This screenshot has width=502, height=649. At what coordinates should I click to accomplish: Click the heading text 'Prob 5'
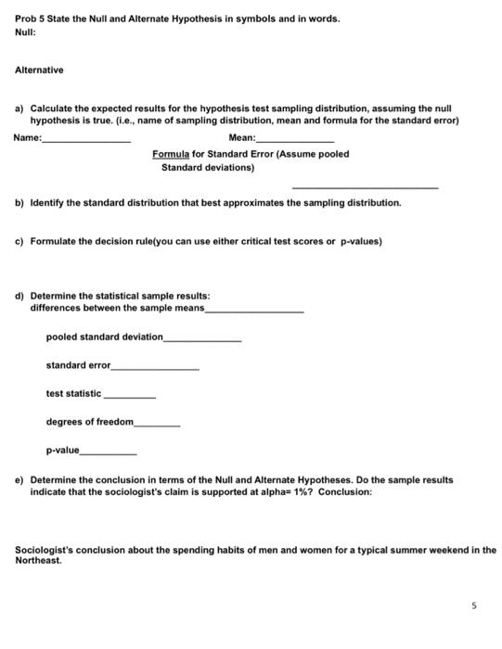[31, 19]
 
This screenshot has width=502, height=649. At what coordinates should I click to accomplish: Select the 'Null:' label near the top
[26, 32]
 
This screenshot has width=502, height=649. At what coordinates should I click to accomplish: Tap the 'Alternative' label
[39, 70]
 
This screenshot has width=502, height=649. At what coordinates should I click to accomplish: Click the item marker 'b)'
[20, 202]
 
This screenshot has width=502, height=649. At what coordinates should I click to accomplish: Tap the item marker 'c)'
[20, 242]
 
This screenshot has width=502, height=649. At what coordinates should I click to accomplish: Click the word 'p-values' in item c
[360, 242]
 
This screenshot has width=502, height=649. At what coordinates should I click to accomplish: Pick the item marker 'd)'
[20, 296]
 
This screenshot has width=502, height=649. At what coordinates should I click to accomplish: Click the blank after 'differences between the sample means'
[253, 311]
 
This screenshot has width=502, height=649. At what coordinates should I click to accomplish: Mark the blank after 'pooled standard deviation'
[202, 340]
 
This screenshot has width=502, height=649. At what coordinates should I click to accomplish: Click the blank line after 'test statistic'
[129, 397]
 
